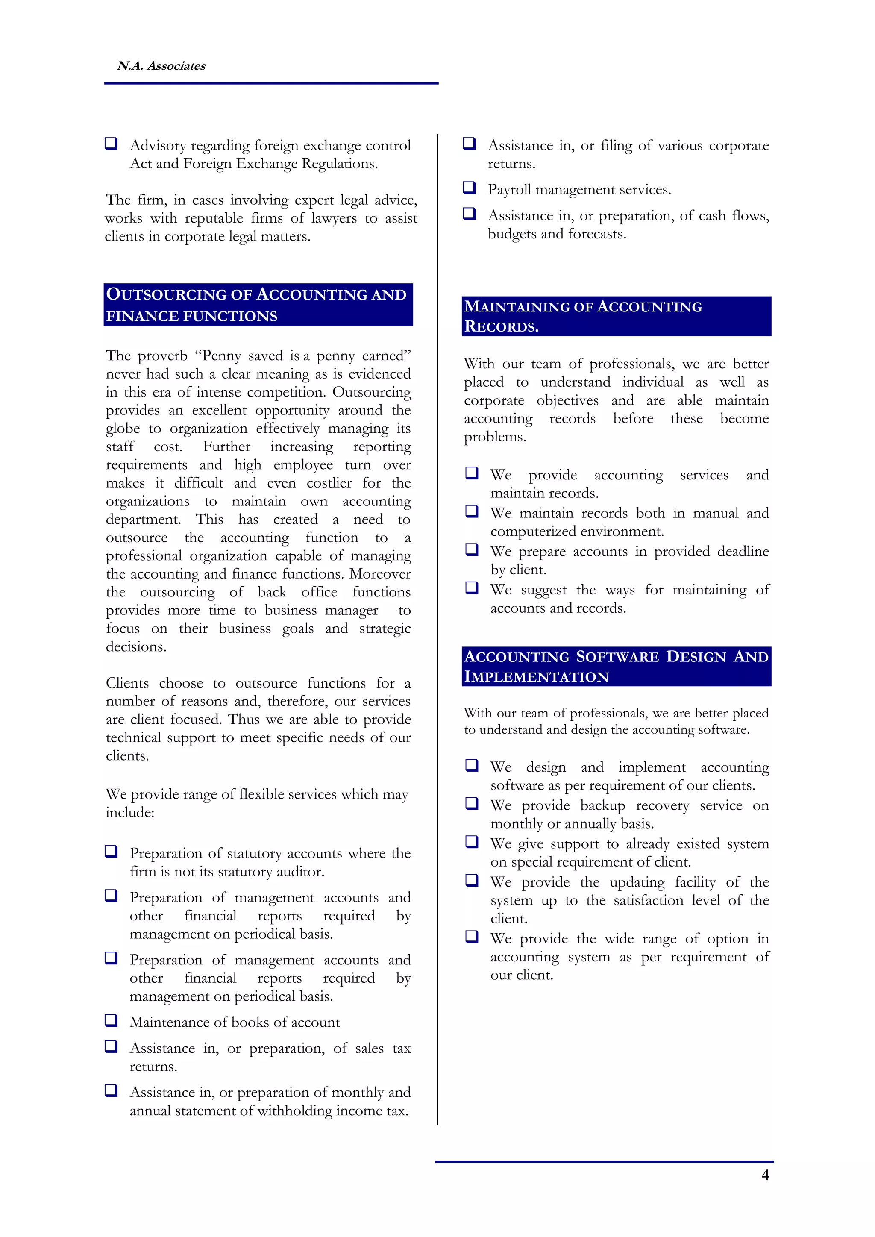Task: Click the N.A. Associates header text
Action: pos(161,66)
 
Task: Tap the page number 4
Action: pos(765,1175)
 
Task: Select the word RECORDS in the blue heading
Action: pos(501,326)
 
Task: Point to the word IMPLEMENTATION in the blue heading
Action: pos(536,677)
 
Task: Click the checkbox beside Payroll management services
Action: pos(469,188)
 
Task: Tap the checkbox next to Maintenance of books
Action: pos(111,1020)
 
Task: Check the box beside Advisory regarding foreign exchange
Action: pos(111,143)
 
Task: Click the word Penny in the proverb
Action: pos(222,356)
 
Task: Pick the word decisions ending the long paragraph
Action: pos(135,646)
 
